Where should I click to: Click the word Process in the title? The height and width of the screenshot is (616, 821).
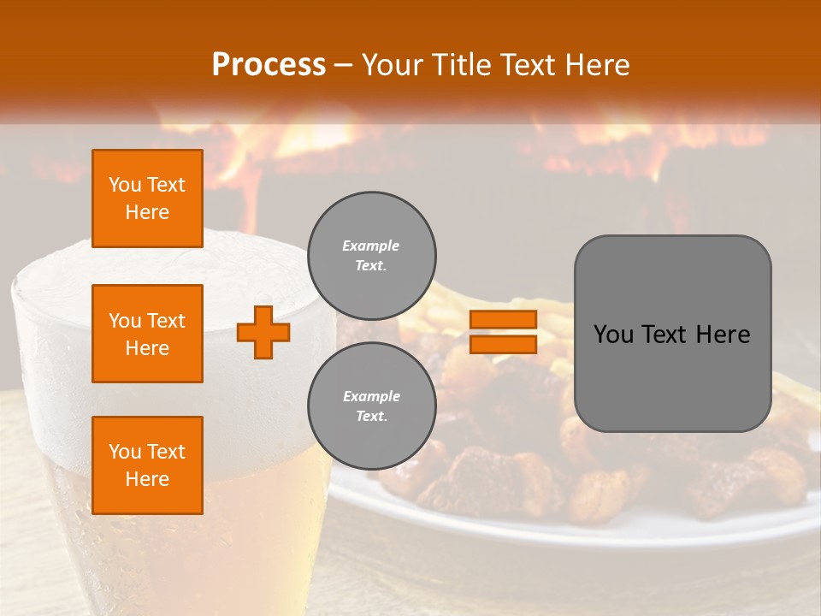[269, 64]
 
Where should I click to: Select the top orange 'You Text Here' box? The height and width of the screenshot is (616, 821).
[147, 198]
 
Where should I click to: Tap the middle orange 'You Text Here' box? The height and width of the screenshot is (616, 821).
[147, 334]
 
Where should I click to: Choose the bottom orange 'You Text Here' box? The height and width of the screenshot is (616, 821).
[147, 465]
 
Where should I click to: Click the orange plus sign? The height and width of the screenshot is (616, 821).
[263, 332]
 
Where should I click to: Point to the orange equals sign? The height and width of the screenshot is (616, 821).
[503, 332]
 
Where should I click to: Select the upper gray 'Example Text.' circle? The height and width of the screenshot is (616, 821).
[371, 255]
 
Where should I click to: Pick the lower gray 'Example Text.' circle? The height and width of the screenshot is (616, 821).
[371, 406]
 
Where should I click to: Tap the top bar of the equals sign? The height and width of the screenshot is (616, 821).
[503, 320]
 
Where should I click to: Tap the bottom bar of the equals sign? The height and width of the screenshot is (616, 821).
[503, 344]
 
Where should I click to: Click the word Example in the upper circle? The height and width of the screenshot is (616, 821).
[371, 246]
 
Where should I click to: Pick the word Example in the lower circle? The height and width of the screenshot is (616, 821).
[371, 396]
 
